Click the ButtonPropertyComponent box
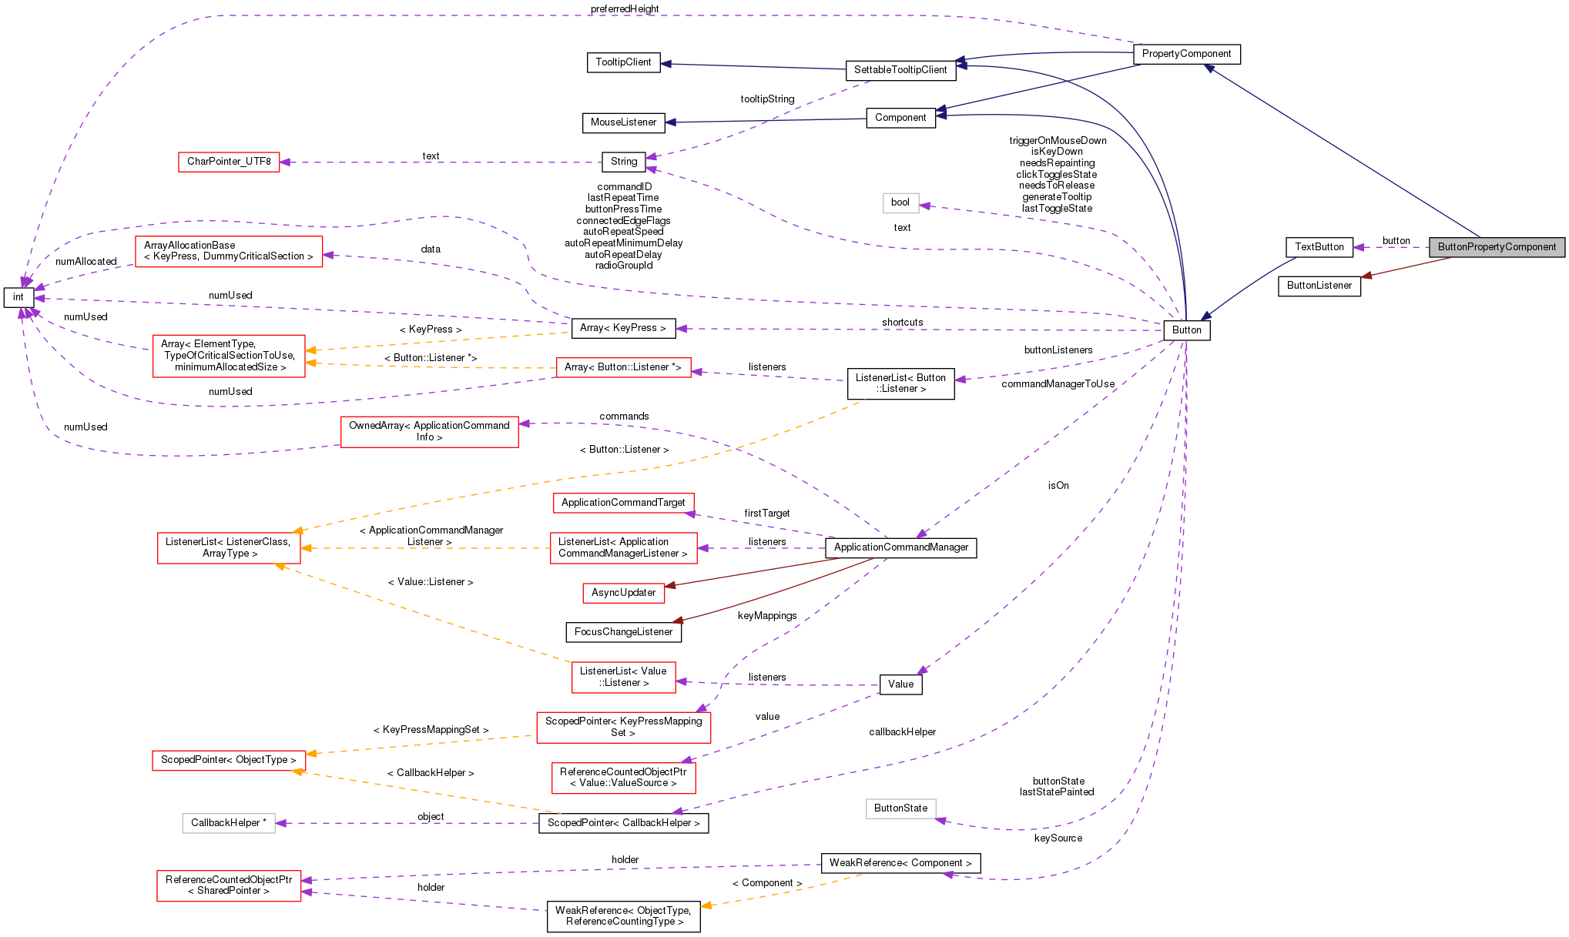tap(1497, 247)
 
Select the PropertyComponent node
tap(1186, 54)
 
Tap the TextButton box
tap(1319, 247)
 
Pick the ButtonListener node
tap(1319, 286)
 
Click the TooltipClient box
tap(623, 62)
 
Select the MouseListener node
tap(623, 122)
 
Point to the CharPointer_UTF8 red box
tap(229, 162)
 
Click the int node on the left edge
tap(18, 297)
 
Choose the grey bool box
tap(900, 202)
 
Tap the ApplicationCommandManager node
tap(900, 547)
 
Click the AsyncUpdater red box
tap(623, 593)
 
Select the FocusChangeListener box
tap(623, 632)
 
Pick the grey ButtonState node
tap(900, 808)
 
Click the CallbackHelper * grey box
tap(229, 823)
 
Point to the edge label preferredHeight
tap(624, 9)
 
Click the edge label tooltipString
tap(767, 99)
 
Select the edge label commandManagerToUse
tap(1058, 384)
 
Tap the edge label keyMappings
tap(767, 616)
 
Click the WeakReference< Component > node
tap(900, 863)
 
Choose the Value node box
tap(900, 684)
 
